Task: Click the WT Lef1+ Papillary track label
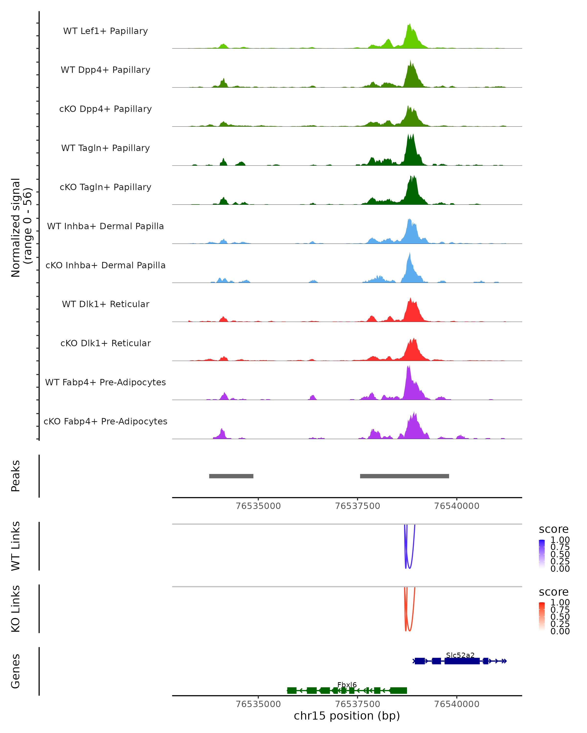(105, 31)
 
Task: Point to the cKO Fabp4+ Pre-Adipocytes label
(105, 421)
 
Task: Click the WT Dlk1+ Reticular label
(105, 304)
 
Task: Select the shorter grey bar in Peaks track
(231, 476)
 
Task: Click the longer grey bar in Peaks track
(404, 476)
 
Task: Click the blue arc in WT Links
(409, 567)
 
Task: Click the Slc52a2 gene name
(460, 655)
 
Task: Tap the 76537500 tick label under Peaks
(357, 506)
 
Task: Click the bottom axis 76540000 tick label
(457, 704)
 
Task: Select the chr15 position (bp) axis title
(347, 716)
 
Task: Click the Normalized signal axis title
(21, 227)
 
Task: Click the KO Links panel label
(16, 609)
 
